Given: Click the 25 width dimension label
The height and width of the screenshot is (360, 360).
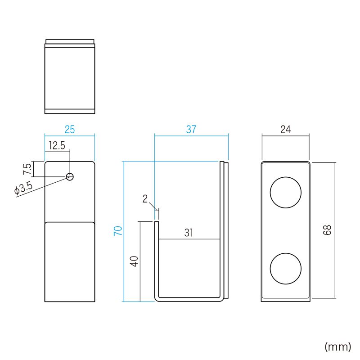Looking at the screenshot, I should click(x=70, y=130).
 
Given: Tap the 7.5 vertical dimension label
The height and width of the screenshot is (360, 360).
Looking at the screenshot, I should click(x=27, y=170).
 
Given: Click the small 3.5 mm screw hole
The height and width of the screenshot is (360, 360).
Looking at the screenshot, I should click(x=70, y=176).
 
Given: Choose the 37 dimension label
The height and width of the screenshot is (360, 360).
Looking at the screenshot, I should click(x=191, y=130).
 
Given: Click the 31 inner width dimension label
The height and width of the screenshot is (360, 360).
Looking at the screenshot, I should click(x=189, y=233).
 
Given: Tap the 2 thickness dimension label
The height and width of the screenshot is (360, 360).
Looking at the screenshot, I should click(x=145, y=199).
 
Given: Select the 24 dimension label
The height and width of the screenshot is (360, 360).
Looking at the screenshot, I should click(x=285, y=130).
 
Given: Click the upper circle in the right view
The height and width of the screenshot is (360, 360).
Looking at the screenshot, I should click(x=285, y=193).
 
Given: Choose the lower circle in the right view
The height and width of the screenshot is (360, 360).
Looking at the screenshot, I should click(x=285, y=268).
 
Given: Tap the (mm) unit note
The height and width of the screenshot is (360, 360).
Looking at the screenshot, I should click(x=337, y=346).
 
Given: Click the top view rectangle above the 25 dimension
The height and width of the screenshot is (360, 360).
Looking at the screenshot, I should click(x=70, y=76).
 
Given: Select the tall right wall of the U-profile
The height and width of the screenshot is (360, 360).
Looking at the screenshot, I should click(x=221, y=229).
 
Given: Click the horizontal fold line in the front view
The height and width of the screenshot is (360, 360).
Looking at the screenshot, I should click(x=70, y=222).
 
